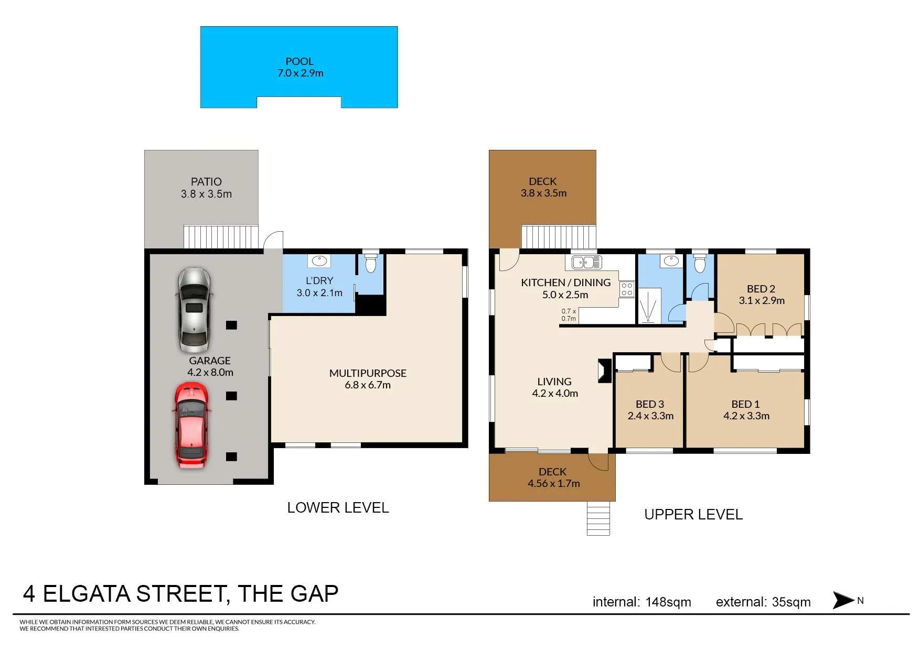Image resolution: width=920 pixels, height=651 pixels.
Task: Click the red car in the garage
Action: click(x=191, y=425)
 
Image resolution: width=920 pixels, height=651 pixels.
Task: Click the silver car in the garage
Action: click(x=194, y=310)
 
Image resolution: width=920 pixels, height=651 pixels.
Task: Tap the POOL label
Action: click(x=299, y=61)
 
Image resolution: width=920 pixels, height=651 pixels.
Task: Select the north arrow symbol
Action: click(x=843, y=600)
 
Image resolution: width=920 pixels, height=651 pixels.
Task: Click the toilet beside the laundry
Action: click(x=371, y=263)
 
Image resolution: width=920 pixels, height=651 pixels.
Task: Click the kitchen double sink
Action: click(x=587, y=262)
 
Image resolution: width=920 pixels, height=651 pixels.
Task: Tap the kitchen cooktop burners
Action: click(x=627, y=289)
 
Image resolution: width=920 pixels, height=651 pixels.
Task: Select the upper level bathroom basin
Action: click(x=671, y=261)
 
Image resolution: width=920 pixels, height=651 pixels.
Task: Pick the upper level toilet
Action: click(x=700, y=264)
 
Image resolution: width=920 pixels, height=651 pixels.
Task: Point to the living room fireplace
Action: click(x=604, y=371)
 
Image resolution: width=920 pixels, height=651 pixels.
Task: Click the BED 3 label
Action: click(x=650, y=404)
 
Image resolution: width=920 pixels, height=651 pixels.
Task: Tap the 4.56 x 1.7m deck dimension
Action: click(x=554, y=483)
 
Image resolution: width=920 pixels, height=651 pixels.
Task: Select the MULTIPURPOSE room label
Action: click(x=368, y=373)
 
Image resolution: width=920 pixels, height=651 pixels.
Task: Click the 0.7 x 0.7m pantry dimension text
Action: click(x=569, y=314)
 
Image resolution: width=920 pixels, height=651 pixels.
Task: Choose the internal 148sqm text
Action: click(x=641, y=602)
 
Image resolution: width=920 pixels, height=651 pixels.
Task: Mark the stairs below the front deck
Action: click(x=598, y=518)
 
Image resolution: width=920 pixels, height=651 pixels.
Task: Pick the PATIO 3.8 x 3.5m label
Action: click(x=206, y=188)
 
